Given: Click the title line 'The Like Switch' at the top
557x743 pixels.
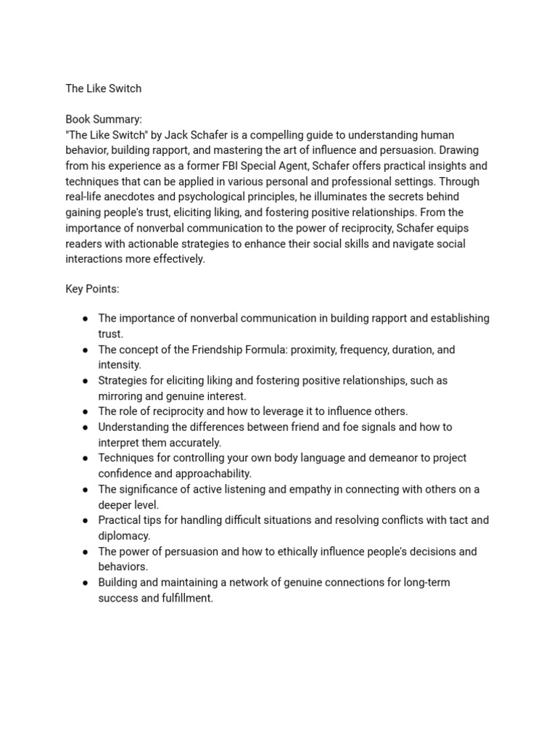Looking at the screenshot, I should point(103,89).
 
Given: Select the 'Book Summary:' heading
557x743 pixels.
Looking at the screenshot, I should point(104,119).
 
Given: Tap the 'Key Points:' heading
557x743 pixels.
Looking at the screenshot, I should point(92,289).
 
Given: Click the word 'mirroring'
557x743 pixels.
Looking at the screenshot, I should point(121,396).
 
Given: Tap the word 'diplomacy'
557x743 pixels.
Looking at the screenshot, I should point(124,536).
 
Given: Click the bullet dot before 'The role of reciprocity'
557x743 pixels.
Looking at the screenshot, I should point(86,411).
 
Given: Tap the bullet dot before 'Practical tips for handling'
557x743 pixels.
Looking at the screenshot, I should point(86,520).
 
